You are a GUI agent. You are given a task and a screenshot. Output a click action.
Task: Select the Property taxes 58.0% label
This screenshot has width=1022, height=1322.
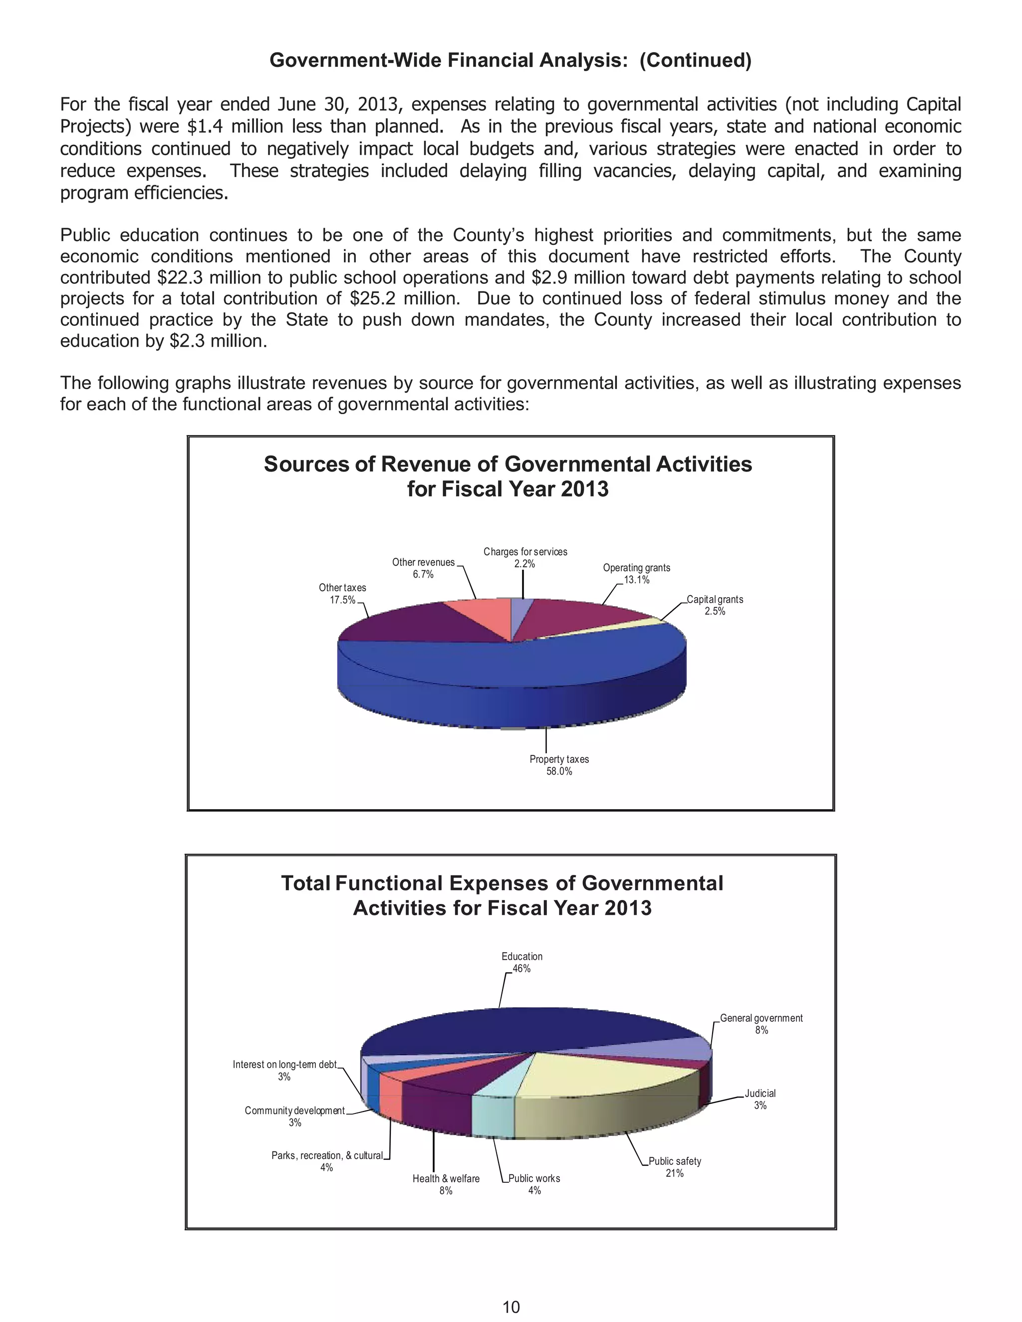559,765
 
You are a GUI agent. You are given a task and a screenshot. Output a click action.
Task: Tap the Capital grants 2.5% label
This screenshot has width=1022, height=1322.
715,605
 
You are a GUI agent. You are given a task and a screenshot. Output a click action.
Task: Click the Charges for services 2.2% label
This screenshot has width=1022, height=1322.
525,558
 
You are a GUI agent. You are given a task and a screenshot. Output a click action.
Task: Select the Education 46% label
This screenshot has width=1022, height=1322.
521,962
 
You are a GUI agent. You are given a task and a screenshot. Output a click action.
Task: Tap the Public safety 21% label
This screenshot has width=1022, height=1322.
675,1166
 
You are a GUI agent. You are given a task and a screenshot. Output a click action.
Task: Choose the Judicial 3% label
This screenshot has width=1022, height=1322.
760,1099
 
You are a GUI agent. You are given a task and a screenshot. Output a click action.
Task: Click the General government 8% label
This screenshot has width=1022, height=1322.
761,1024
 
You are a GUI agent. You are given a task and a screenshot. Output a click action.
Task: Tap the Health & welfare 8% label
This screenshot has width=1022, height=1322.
446,1184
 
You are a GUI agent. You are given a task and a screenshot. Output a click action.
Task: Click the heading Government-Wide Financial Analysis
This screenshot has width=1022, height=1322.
510,60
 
